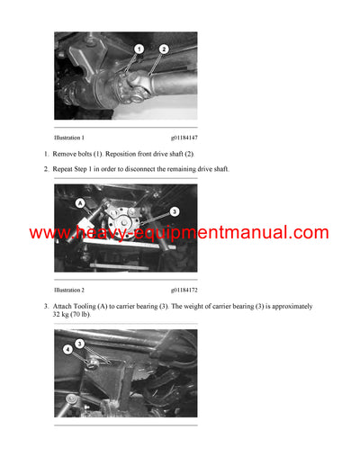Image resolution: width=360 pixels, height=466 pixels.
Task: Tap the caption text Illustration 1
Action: click(69, 138)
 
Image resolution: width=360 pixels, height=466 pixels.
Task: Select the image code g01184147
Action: click(184, 138)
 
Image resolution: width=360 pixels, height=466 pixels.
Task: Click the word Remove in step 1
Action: click(70, 155)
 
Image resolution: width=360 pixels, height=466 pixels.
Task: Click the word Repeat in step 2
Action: click(69, 169)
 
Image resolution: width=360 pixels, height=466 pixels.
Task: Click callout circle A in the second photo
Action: click(81, 203)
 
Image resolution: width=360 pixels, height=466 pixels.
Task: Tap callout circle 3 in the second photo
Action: click(174, 211)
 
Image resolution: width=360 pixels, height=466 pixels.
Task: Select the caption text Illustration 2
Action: click(69, 291)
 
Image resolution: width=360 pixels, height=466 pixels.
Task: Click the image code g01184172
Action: click(184, 291)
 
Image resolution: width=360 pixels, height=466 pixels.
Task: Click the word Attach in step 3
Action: click(69, 307)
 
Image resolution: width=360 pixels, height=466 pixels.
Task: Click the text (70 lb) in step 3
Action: click(88, 316)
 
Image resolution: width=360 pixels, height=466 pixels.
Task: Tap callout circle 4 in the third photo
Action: click(67, 349)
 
